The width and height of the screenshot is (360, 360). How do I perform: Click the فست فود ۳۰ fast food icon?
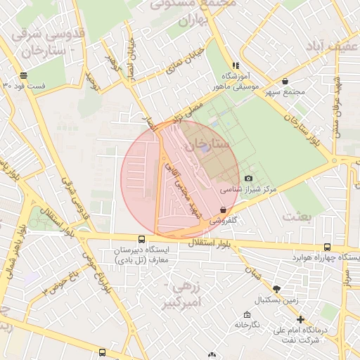[x=24, y=75]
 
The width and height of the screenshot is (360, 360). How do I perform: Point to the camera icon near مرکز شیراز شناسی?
[x=247, y=179]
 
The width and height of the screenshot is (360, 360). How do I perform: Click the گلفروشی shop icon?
[x=223, y=210]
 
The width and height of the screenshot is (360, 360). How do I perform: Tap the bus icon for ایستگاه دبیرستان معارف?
[x=142, y=239]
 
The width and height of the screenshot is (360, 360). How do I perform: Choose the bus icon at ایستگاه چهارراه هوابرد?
[x=328, y=247]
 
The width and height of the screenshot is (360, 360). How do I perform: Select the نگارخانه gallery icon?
[x=246, y=314]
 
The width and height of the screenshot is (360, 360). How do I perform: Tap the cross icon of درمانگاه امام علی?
[x=300, y=319]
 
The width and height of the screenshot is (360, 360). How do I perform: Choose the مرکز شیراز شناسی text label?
[x=249, y=190]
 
